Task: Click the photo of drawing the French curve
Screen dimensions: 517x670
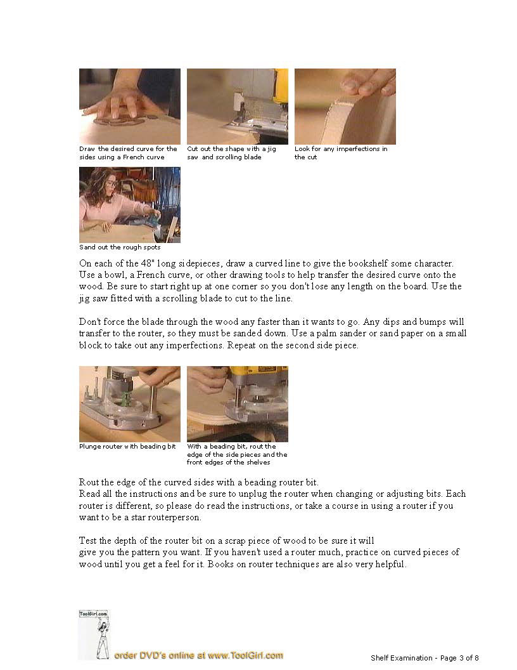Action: click(130, 107)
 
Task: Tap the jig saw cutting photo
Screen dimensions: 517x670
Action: click(238, 107)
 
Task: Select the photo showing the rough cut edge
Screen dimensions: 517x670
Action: click(345, 107)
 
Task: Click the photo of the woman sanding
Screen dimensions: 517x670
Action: click(130, 205)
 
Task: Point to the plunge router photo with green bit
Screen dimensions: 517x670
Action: click(130, 404)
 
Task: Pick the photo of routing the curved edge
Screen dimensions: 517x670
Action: click(238, 404)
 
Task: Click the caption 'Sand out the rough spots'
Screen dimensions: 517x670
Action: click(120, 247)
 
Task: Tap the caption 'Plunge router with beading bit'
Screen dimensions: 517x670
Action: click(127, 447)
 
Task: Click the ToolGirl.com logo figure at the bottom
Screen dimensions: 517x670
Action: click(94, 634)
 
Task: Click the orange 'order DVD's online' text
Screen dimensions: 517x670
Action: click(198, 655)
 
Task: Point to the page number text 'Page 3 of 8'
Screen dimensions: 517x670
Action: click(459, 658)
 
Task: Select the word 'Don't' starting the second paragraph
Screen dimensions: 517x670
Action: click(89, 322)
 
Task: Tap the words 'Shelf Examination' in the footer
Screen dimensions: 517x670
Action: click(402, 658)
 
